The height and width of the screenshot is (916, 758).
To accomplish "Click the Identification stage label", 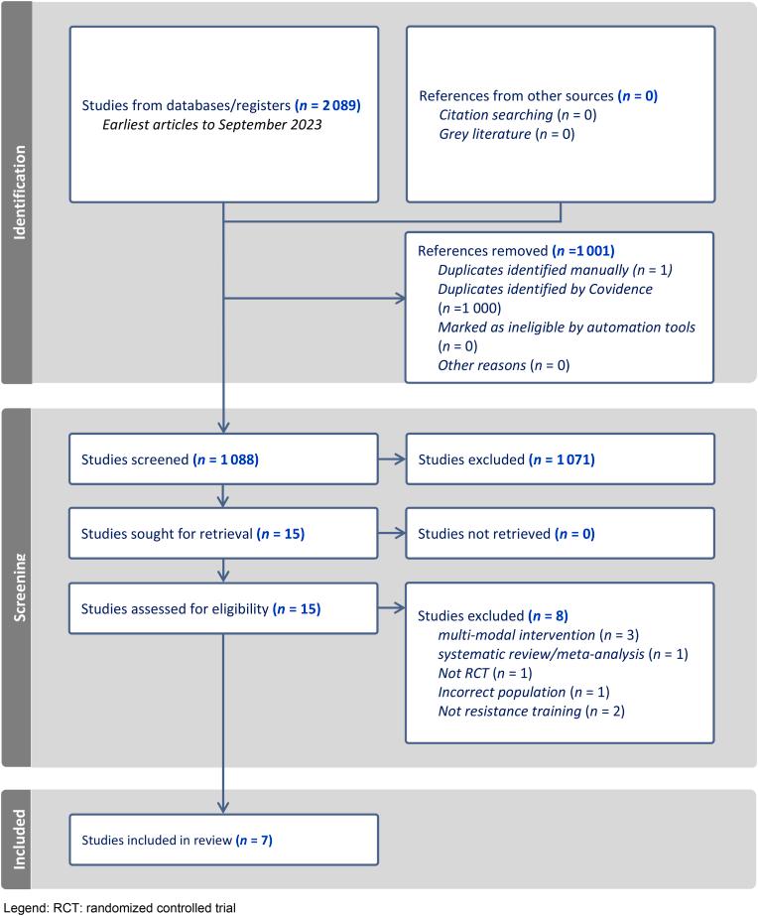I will point(17,192).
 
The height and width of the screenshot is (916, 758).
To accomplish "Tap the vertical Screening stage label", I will point(17,587).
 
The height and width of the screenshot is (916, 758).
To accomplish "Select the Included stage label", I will point(17,839).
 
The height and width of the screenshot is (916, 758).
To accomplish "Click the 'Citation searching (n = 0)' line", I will point(517,115).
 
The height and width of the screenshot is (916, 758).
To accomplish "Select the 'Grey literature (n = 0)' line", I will point(506,133).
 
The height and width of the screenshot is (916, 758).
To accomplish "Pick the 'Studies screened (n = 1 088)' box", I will point(224,459).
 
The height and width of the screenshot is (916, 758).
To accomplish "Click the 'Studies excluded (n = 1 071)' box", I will point(560,459).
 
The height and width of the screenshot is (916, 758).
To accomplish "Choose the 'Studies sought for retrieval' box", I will point(224,535).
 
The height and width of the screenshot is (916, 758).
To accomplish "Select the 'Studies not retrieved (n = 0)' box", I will point(560,535).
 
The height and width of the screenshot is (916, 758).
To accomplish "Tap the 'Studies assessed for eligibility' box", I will point(224,608).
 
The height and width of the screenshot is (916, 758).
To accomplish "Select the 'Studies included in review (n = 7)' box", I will point(224,840).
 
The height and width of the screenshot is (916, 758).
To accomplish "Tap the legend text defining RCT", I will point(119,907).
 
